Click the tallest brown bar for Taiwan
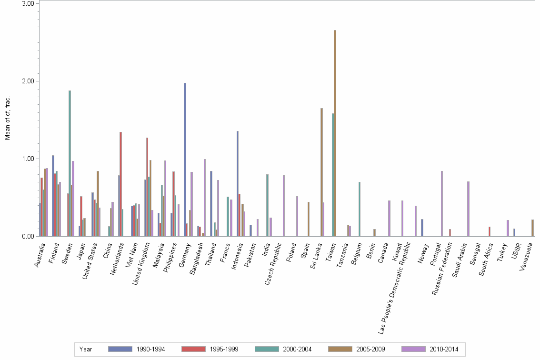[x=335, y=133]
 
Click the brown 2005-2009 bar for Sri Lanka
[x=321, y=172]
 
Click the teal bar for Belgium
[x=360, y=209]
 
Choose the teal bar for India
[x=267, y=205]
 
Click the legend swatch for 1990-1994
[x=120, y=349]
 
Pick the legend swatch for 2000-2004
[x=267, y=349]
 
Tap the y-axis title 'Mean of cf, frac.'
[x=7, y=118]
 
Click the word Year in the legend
[x=86, y=350]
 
